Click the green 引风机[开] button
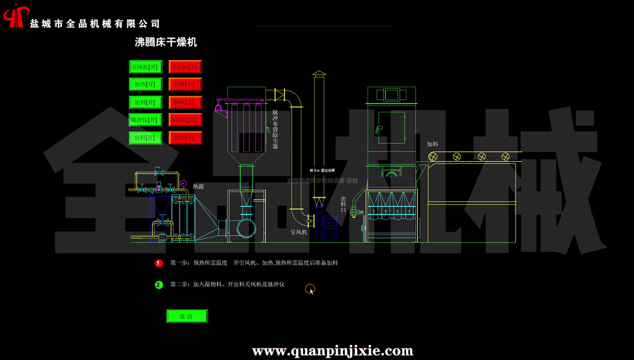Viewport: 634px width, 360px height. [x=144, y=67]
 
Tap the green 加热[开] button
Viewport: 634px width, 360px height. [x=144, y=84]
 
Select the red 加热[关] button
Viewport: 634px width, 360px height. [x=185, y=84]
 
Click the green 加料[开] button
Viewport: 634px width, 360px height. [x=144, y=102]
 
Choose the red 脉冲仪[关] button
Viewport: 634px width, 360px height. [x=185, y=120]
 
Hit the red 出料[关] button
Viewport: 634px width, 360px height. [x=185, y=138]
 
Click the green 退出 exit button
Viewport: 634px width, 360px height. [x=187, y=316]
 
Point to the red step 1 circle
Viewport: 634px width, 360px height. [x=159, y=263]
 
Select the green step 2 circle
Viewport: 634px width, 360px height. [x=159, y=285]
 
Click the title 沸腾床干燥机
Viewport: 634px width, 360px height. [x=166, y=42]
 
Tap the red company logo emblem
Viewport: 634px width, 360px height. [x=15, y=15]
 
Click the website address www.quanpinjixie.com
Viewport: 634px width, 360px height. [x=332, y=350]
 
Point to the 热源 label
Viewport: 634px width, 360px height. [x=199, y=187]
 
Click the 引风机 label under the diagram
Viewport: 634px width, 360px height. [x=299, y=232]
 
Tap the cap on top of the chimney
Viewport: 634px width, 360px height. [x=319, y=74]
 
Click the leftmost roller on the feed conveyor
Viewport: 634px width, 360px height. [x=434, y=156]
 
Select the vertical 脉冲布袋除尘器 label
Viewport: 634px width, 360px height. [x=275, y=130]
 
